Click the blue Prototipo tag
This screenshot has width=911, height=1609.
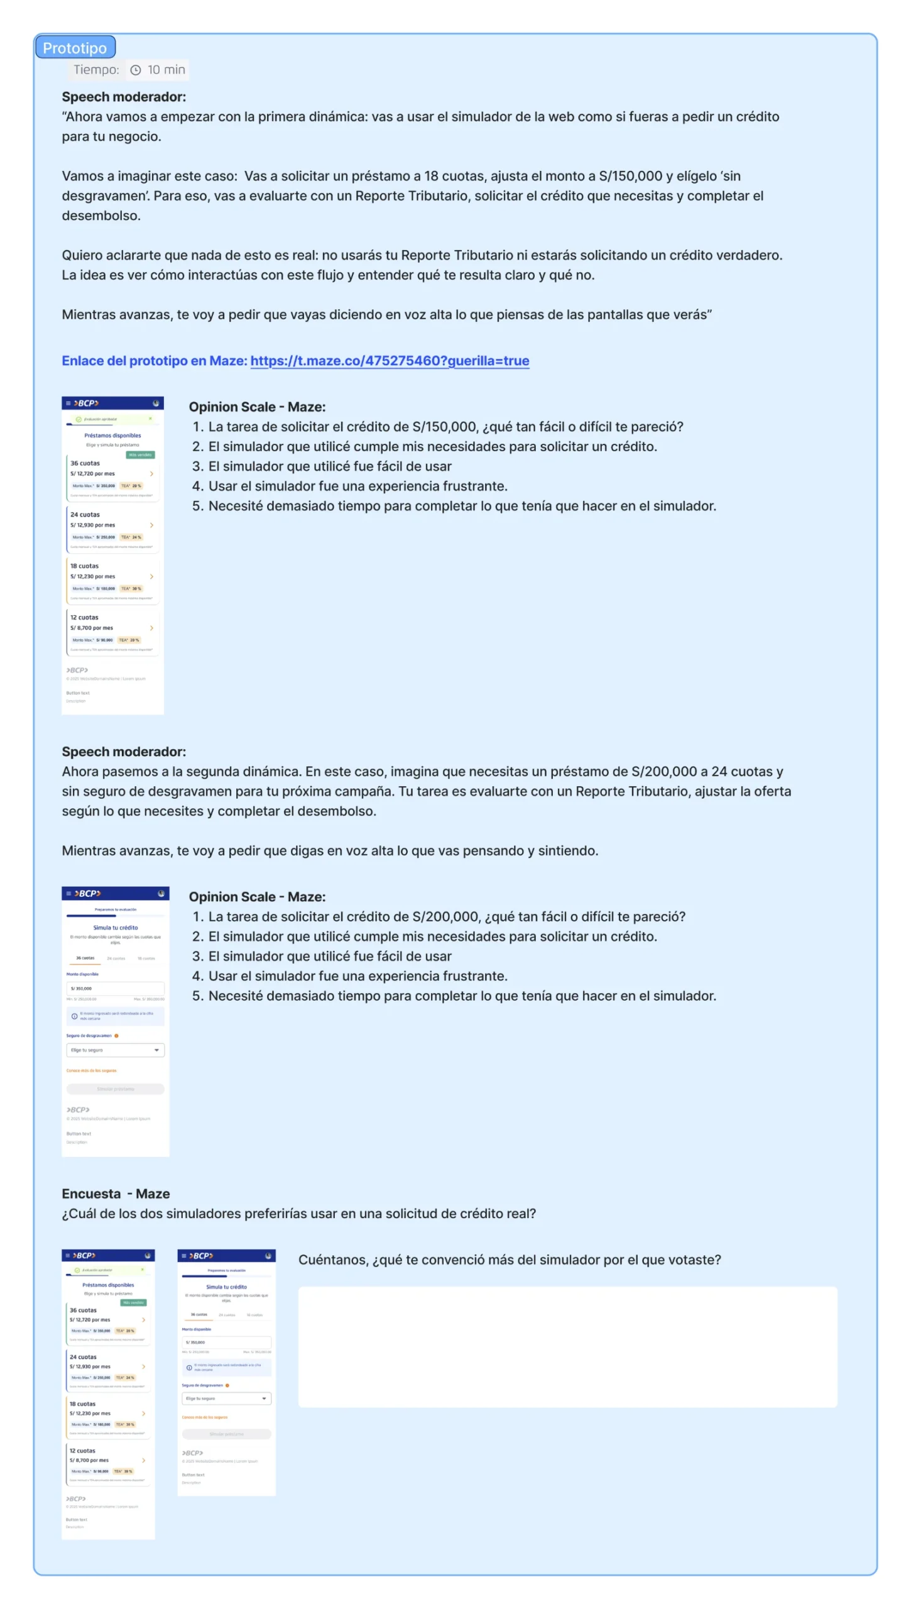pos(75,48)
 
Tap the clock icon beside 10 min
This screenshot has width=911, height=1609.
pos(135,70)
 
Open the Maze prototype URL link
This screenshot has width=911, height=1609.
pos(389,360)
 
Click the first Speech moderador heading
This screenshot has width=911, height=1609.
pos(123,96)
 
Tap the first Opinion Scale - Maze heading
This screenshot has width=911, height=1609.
pos(257,406)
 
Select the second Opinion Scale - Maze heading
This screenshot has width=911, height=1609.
pos(257,896)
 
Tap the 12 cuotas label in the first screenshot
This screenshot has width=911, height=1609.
pos(84,617)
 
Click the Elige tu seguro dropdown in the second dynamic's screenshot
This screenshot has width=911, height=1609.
pos(115,1049)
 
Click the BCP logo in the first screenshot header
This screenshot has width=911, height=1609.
pos(87,403)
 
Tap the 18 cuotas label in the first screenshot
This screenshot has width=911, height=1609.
pos(84,565)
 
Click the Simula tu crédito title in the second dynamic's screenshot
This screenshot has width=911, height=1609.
pos(116,926)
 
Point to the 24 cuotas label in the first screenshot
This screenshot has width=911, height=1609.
pos(85,513)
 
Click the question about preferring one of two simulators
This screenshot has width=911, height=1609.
pos(298,1212)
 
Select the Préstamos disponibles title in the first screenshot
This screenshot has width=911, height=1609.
pos(112,435)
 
